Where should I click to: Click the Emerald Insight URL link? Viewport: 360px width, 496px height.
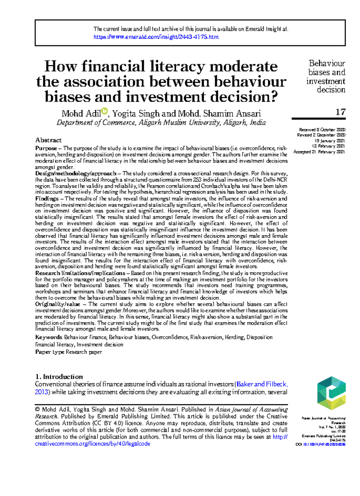click(156, 37)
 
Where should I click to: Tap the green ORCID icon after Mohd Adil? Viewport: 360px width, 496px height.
click(104, 111)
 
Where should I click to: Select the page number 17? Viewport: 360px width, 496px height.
click(340, 112)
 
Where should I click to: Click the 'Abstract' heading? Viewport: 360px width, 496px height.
click(48, 140)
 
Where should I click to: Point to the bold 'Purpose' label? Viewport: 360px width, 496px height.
click(46, 148)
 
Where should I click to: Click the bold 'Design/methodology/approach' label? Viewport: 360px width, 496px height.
click(76, 174)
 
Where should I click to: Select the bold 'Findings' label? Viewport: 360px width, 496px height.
click(47, 199)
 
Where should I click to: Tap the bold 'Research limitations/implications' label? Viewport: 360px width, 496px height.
click(80, 273)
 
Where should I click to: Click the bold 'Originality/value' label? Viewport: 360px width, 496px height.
click(57, 304)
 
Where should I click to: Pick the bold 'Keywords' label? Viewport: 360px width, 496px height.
click(49, 337)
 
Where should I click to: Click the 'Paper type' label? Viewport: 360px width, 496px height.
click(50, 352)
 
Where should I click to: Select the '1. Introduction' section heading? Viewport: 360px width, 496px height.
click(59, 377)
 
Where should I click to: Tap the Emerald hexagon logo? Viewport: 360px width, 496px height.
click(331, 393)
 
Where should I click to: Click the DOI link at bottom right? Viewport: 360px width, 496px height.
click(324, 444)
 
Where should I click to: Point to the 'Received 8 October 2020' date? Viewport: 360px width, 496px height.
click(322, 130)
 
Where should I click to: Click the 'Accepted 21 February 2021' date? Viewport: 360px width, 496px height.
click(319, 152)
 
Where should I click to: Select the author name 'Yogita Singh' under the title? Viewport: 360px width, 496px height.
click(136, 114)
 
